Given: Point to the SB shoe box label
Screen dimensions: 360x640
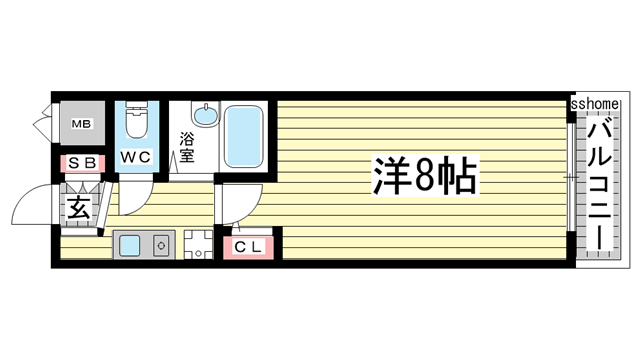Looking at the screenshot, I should tap(82, 163).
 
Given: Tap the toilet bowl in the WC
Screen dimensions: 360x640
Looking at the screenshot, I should tap(135, 123).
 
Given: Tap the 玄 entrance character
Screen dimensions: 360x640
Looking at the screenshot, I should tap(79, 208).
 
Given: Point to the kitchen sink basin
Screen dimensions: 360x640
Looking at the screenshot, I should tap(129, 245).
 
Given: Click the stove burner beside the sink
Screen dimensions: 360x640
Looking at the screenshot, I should tap(159, 245).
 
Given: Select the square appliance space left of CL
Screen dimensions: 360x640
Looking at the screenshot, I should tap(197, 245).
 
